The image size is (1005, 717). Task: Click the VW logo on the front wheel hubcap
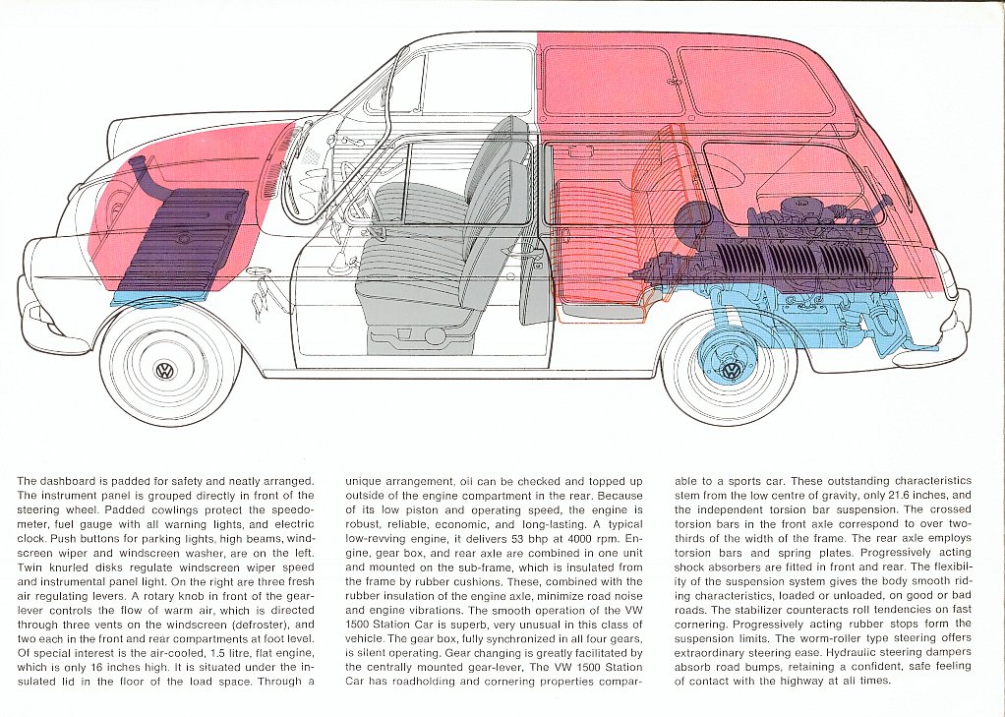pyautogui.click(x=165, y=371)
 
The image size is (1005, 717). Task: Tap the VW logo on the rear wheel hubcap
pyautogui.click(x=730, y=371)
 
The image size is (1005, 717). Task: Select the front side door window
pyautogui.click(x=468, y=183)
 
